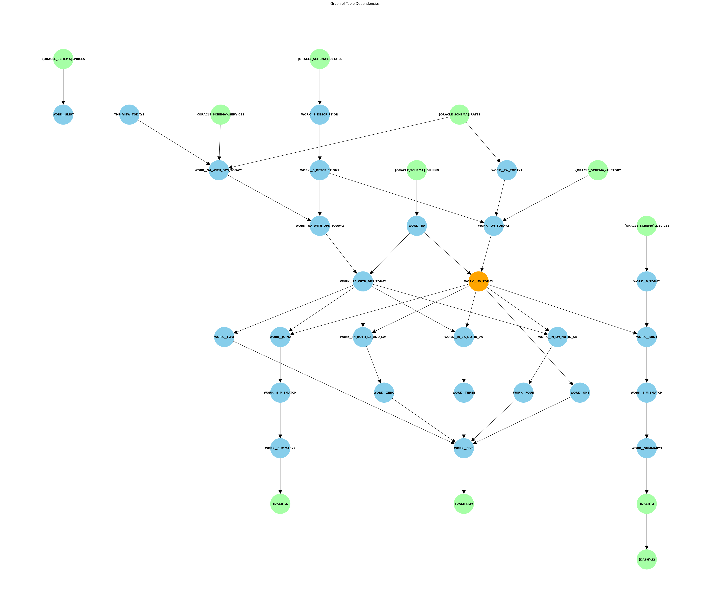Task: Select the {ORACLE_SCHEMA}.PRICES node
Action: tap(63, 59)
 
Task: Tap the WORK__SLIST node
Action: tap(63, 114)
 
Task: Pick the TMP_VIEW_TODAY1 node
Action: tap(129, 114)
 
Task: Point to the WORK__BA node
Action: tap(417, 226)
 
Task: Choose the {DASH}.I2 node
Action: tap(647, 560)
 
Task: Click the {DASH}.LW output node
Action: tap(464, 504)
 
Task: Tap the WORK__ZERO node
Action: tap(384, 393)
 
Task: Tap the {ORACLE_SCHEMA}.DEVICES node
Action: tap(647, 226)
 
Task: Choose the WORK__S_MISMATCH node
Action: tap(280, 393)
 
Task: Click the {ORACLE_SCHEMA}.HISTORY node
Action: tap(598, 170)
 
